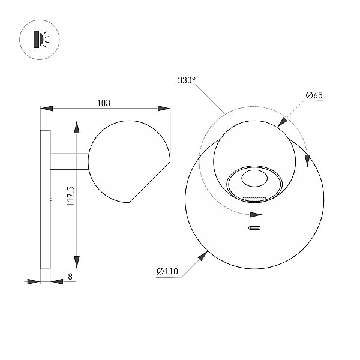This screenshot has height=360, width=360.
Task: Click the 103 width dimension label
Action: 104,103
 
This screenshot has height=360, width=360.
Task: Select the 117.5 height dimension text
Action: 71,196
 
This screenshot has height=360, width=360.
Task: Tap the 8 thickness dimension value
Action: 70,277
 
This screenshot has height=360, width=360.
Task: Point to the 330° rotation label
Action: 187,80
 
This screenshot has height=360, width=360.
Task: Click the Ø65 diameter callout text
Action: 314,95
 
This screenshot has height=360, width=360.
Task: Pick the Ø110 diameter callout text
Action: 167,271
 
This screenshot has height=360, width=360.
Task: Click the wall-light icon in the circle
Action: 40,40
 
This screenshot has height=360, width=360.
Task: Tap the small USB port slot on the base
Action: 254,228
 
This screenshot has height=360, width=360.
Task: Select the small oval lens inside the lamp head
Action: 254,178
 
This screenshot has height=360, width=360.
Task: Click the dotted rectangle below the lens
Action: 254,199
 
